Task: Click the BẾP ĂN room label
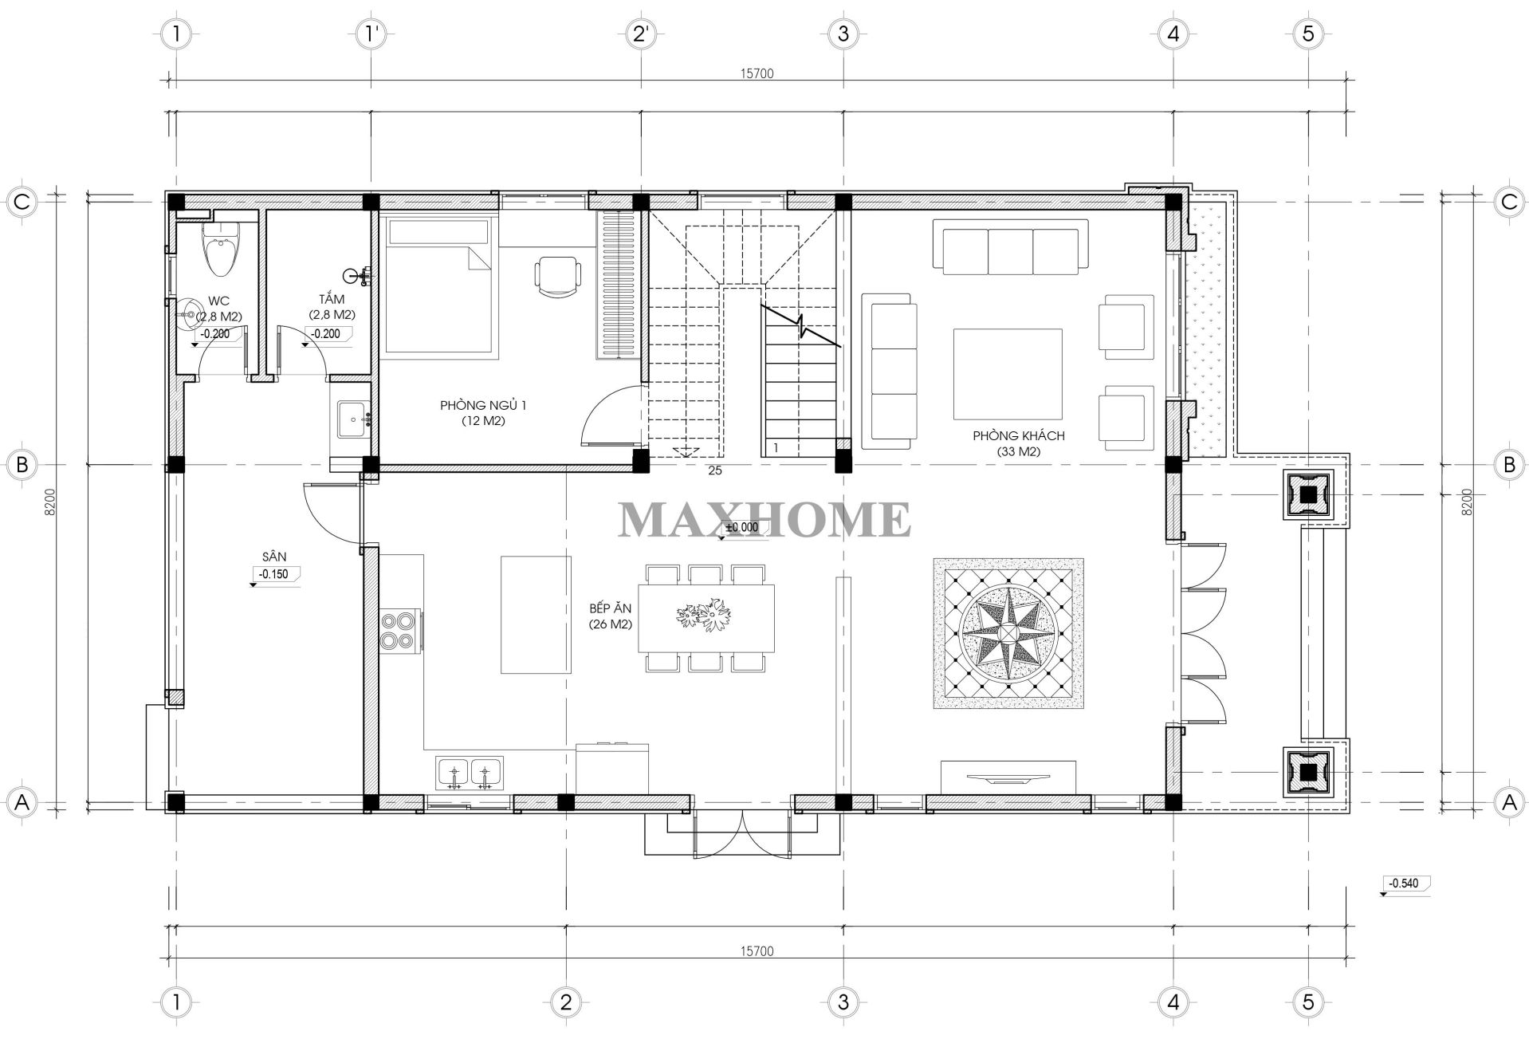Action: coord(611,616)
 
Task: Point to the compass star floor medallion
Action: coord(1008,633)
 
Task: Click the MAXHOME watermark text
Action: coord(764,520)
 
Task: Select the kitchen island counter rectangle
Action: coord(536,615)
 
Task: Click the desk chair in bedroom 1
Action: coord(557,276)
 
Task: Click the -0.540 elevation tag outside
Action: coord(1405,884)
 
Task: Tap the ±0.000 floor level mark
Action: coord(741,527)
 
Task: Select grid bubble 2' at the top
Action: coord(643,33)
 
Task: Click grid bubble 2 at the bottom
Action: coord(565,1002)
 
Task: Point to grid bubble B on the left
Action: coord(22,464)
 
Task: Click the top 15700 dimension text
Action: coord(757,73)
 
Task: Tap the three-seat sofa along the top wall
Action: coord(1011,248)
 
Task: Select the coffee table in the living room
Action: coord(1008,374)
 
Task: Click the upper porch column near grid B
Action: coord(1307,495)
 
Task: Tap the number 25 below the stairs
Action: coord(714,470)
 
